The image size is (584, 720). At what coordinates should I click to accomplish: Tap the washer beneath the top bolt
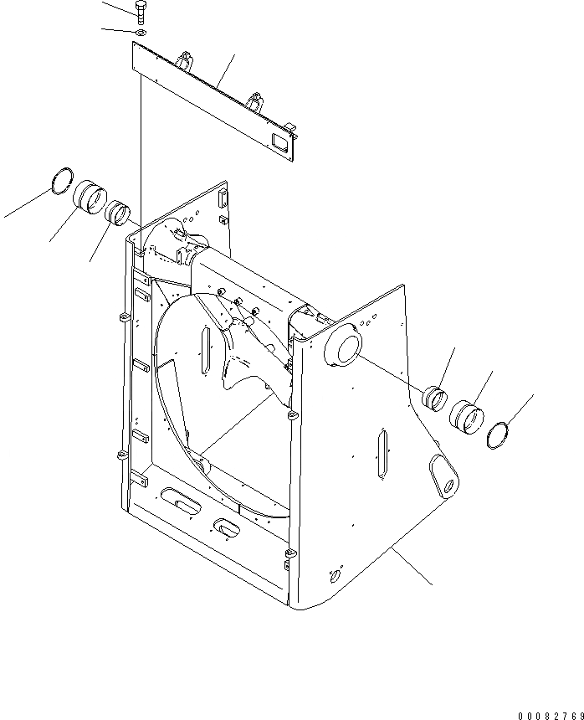140,32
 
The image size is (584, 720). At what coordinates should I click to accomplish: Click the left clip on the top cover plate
186,62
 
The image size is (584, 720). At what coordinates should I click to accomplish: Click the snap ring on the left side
61,180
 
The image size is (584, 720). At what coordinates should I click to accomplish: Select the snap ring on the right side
498,435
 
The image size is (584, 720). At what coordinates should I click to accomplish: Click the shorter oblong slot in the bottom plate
227,527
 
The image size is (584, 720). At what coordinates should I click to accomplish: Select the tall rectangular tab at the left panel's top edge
223,200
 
